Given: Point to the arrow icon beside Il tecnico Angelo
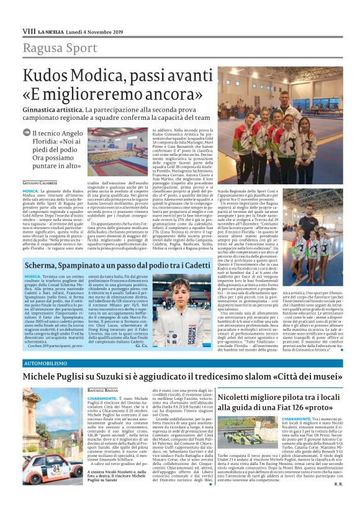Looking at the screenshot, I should click(x=26, y=132).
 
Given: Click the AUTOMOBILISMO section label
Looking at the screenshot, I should click(x=43, y=361).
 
